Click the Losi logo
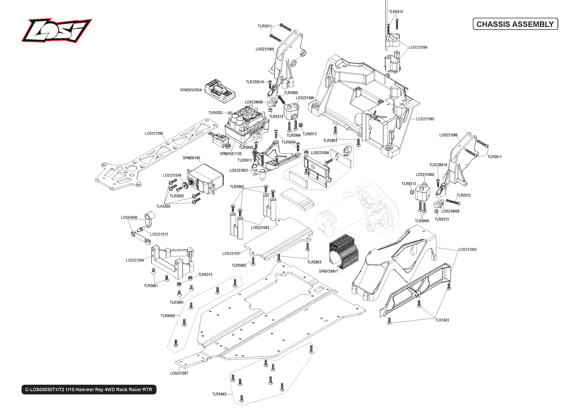[57, 30]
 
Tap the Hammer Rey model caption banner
[89, 389]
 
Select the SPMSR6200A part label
[191, 90]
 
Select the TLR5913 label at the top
[396, 12]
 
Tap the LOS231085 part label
[425, 119]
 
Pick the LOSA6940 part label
[129, 217]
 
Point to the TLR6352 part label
[215, 113]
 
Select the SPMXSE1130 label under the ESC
[231, 154]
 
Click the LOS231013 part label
[159, 234]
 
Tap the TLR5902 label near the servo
[177, 196]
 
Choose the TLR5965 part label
[291, 93]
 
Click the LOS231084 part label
[418, 47]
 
